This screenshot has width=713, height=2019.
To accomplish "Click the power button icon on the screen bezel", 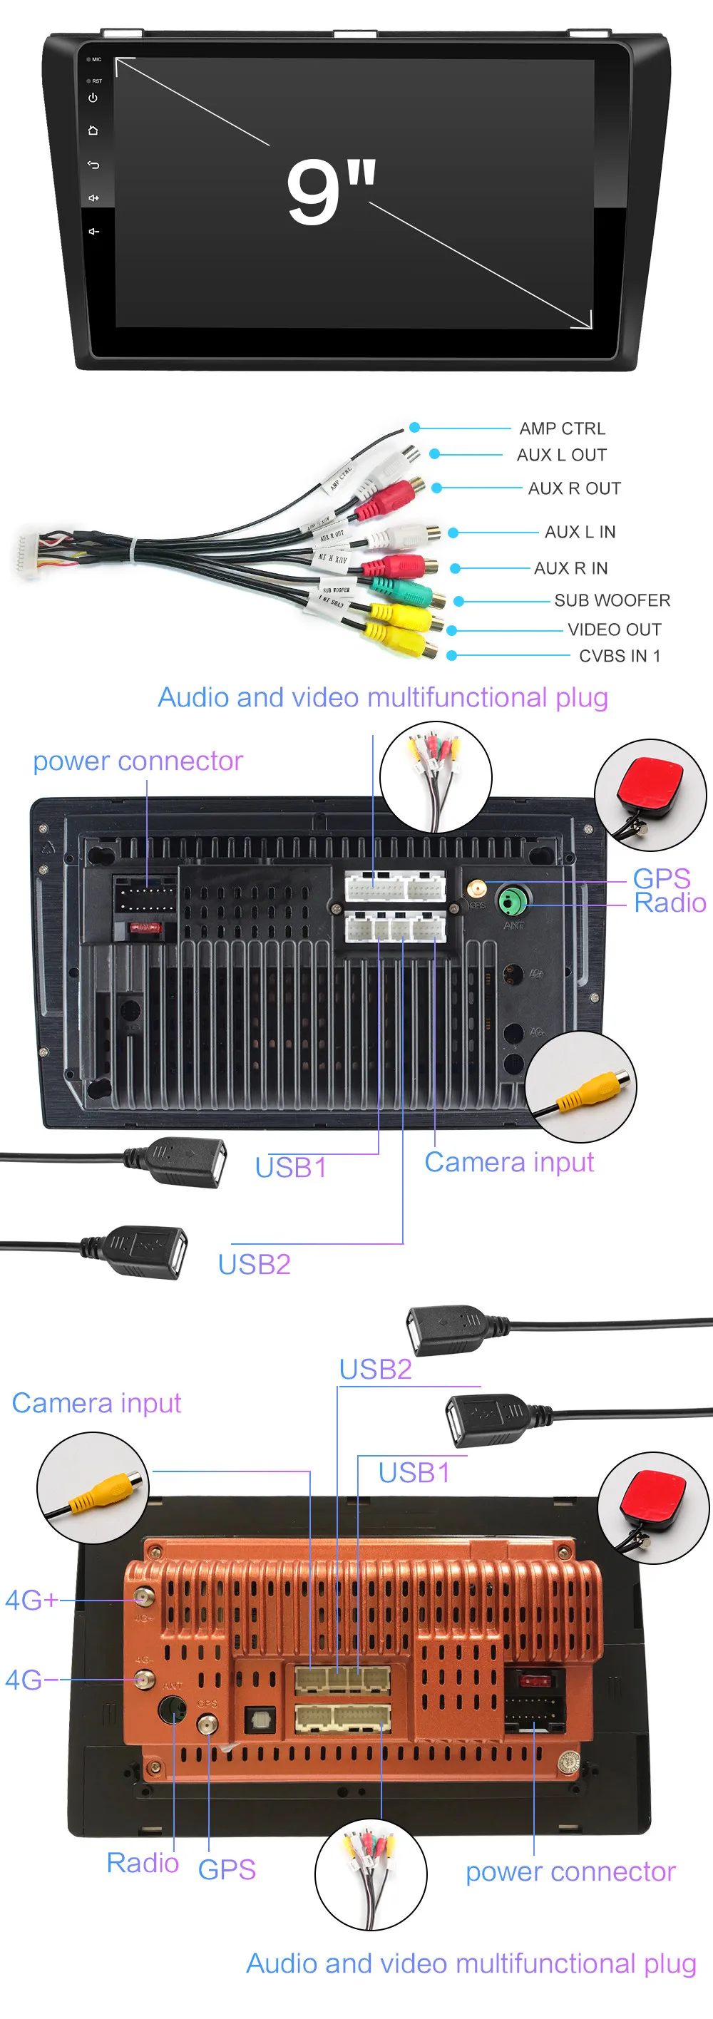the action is coord(93,98).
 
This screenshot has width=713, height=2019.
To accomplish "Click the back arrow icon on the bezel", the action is coord(93,165).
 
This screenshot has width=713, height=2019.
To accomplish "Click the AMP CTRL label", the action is coord(562,428).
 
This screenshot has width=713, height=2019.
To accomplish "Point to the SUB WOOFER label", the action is coord(611,600).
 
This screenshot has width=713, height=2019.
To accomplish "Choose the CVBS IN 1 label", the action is coord(619,656).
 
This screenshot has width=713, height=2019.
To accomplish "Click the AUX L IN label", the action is coord(580,532).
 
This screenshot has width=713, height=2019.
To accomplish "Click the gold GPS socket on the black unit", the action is coord(476,889).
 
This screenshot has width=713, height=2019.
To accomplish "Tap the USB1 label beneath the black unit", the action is coord(291,1168).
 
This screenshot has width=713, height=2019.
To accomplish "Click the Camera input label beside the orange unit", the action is coord(96,1402).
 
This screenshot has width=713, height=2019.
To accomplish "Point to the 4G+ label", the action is coord(31,1600).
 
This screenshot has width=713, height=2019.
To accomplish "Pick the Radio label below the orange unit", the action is coord(143,1862).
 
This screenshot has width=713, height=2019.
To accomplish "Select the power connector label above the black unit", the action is coord(138,761).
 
